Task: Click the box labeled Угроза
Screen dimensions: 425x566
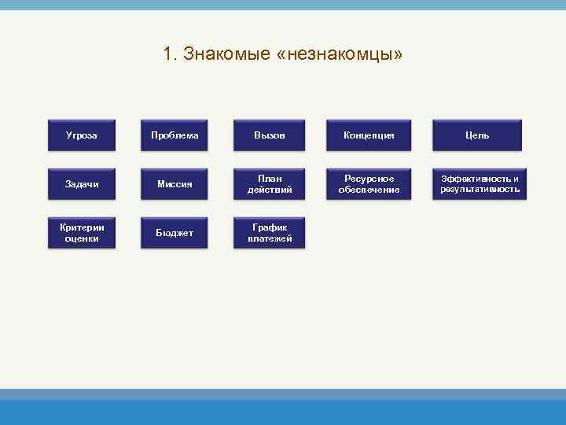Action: [82, 135]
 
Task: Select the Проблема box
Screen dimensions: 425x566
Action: [175, 135]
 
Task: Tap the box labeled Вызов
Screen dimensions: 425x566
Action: [270, 135]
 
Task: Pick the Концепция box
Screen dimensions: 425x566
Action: [369, 135]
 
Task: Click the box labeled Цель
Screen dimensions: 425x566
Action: [477, 135]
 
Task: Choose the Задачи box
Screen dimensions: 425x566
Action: [82, 184]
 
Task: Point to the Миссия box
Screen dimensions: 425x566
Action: [175, 184]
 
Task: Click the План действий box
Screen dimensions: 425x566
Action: [270, 184]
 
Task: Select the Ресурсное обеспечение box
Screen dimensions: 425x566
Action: [369, 184]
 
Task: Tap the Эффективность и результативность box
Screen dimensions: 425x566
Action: [480, 184]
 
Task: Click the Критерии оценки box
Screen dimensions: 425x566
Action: [82, 233]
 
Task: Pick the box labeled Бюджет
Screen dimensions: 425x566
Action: [175, 233]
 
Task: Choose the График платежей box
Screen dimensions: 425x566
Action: [270, 233]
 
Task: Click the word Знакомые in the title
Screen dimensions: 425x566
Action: [227, 54]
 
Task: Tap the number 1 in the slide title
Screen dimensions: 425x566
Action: [167, 54]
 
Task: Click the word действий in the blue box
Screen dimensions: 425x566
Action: [270, 190]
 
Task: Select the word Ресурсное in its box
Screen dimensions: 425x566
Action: [369, 179]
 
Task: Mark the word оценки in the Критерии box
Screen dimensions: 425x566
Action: [82, 238]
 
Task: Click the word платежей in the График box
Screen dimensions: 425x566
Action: [270, 238]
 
